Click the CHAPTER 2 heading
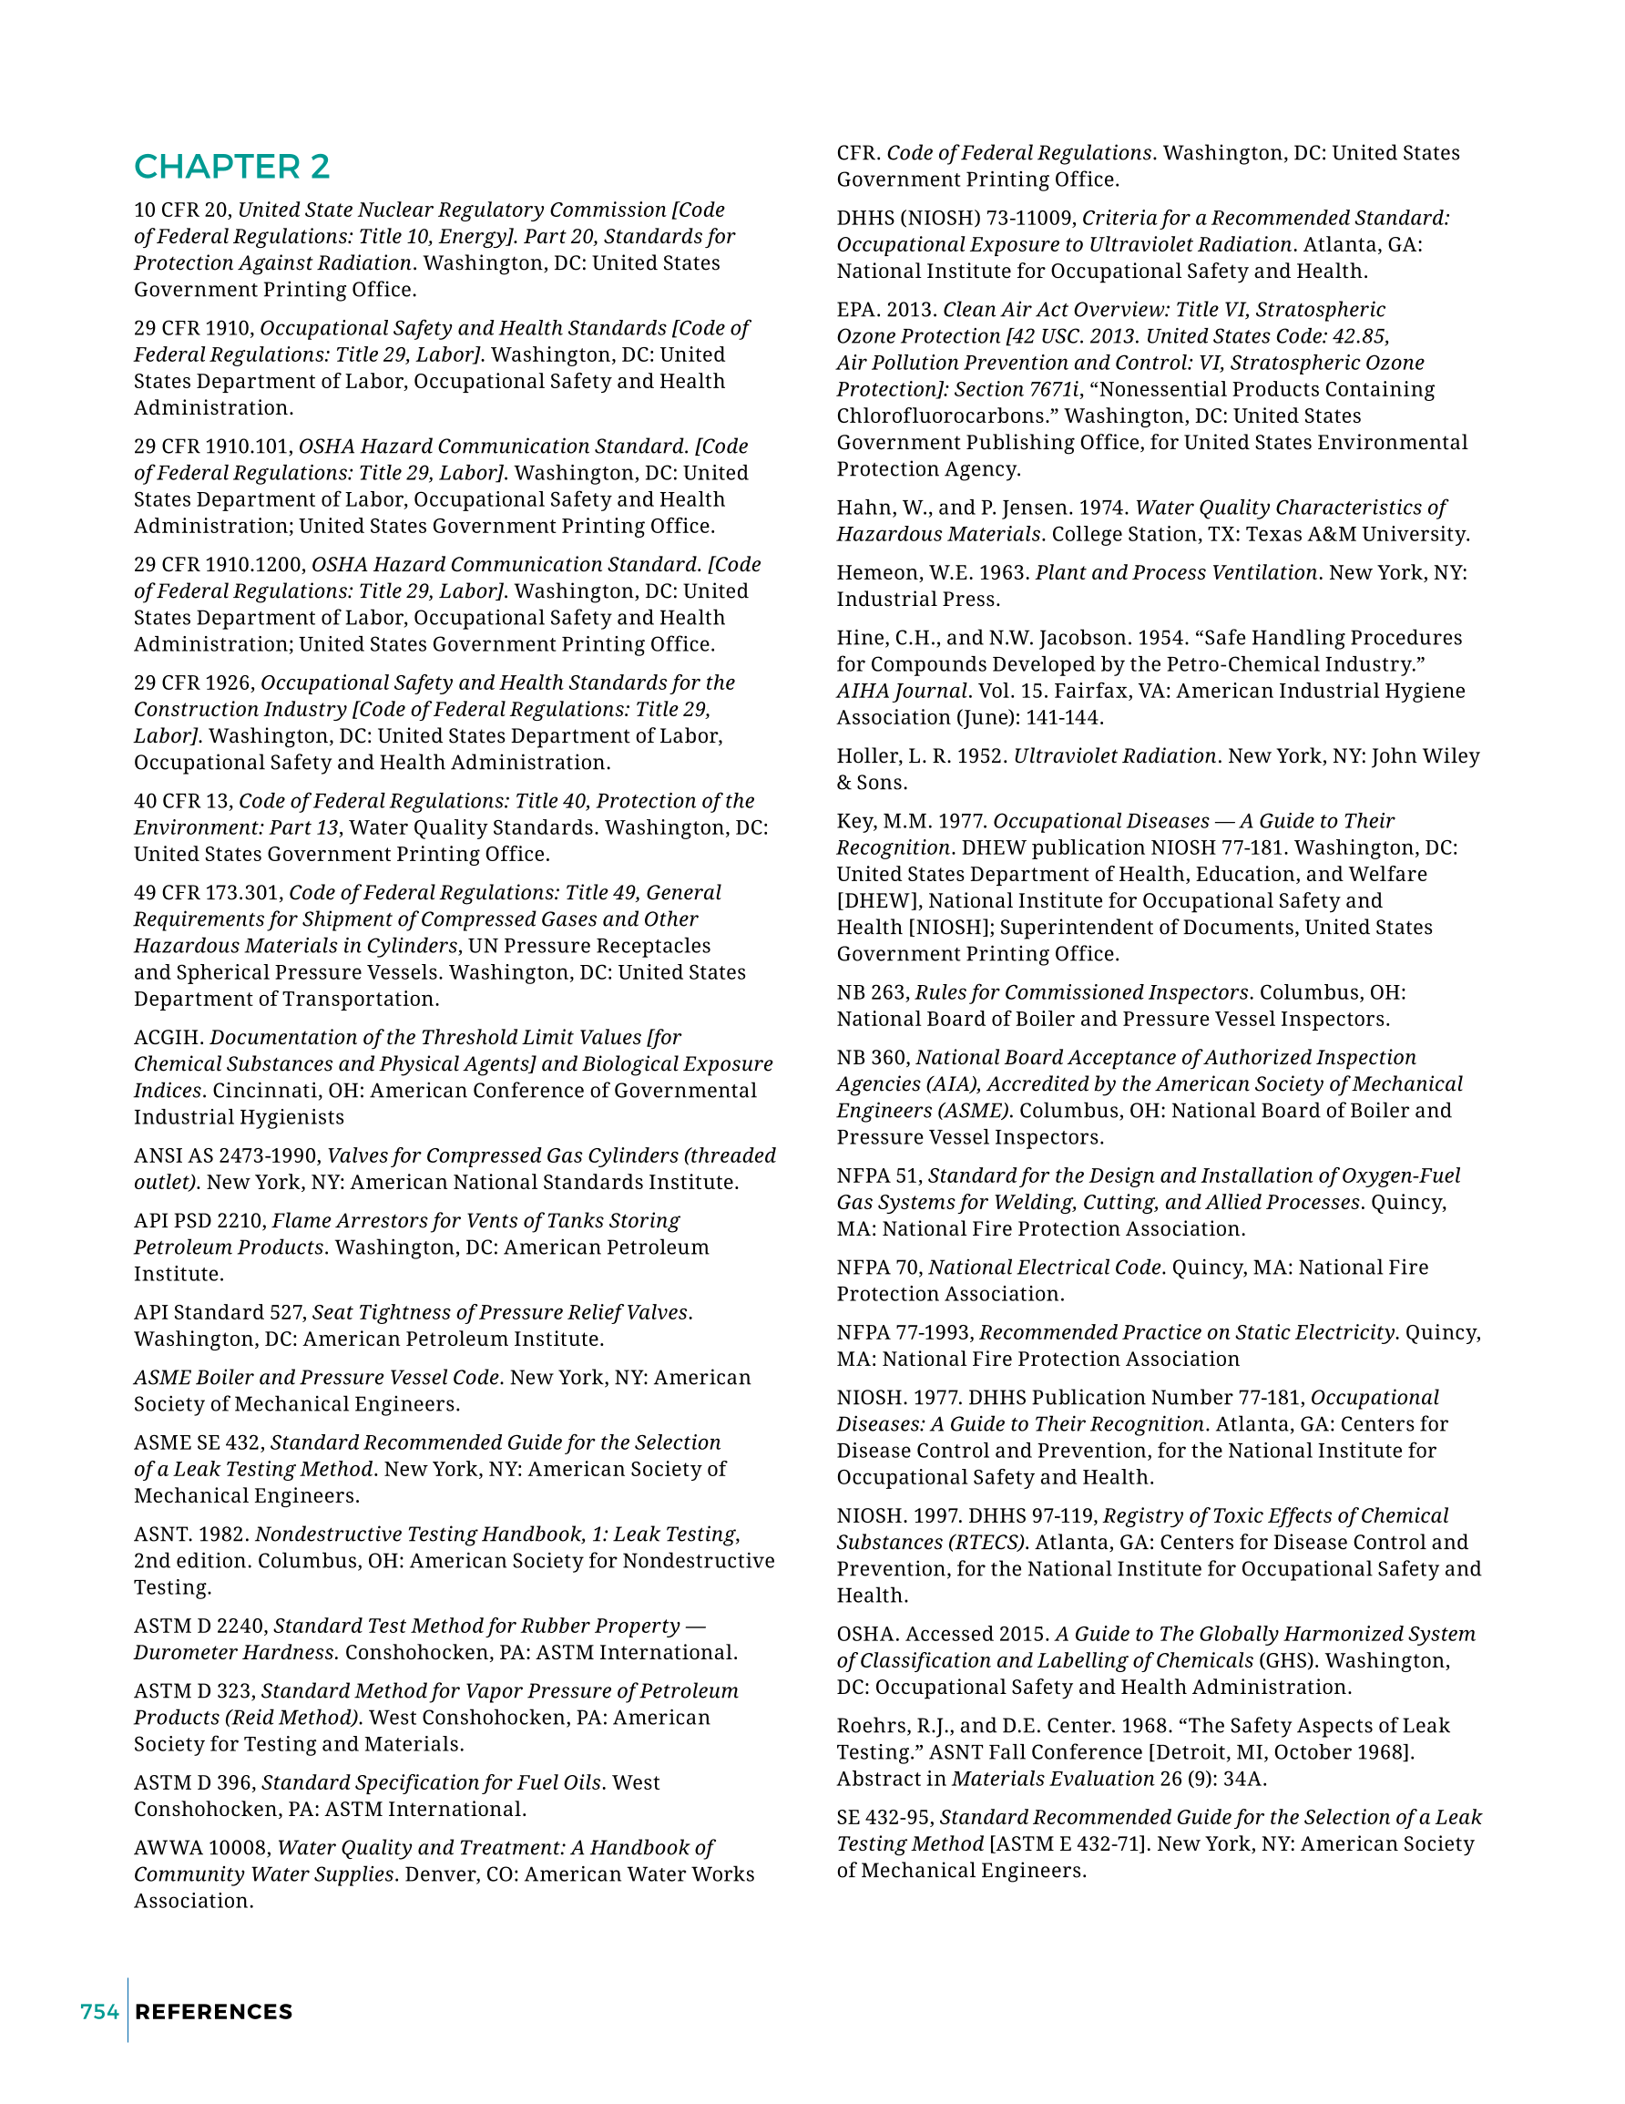(231, 167)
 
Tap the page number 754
(99, 2012)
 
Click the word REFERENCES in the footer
(214, 2012)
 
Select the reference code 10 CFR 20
(180, 210)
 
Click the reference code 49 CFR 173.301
(208, 893)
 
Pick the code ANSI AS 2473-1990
(228, 1156)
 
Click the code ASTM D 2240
(200, 1627)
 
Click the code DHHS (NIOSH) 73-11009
(956, 219)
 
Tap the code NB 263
(872, 993)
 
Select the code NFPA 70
(878, 1268)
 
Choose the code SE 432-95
(884, 1818)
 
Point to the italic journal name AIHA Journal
(902, 692)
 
